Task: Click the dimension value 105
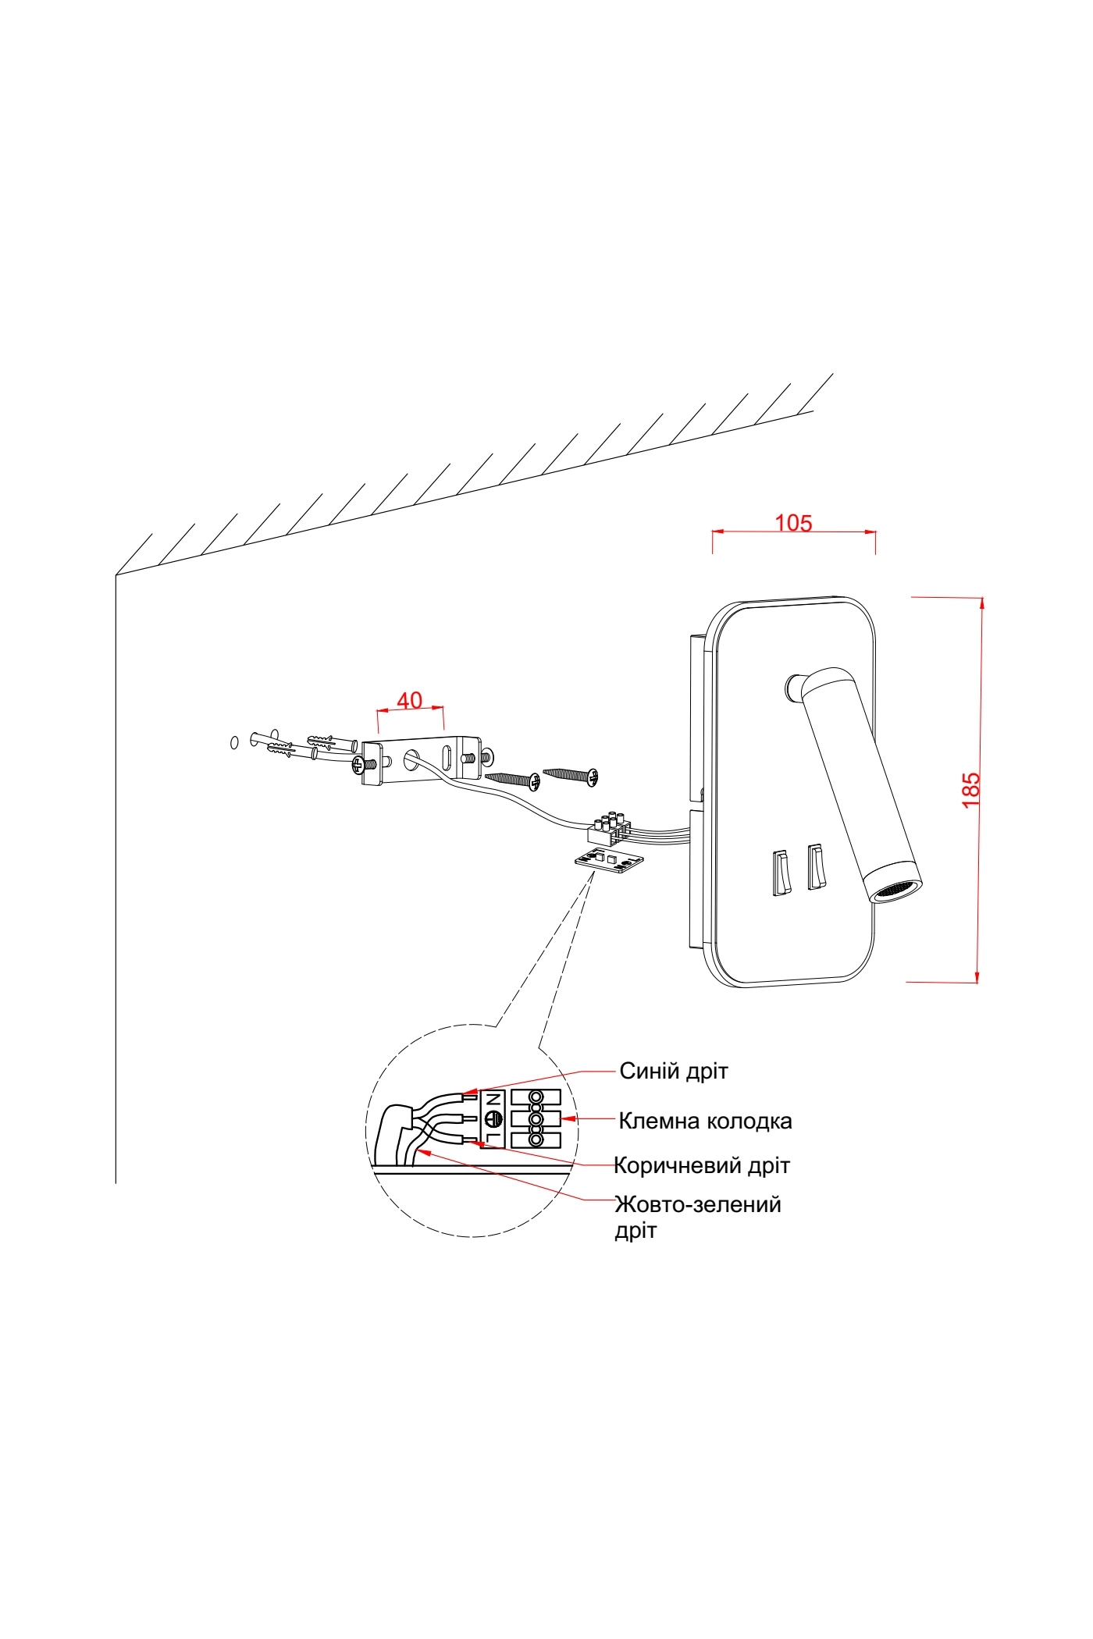click(x=793, y=523)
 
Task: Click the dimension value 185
click(x=970, y=790)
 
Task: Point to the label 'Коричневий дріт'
click(x=702, y=1165)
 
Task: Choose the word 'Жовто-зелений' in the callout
click(x=698, y=1204)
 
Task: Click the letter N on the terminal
click(x=492, y=1100)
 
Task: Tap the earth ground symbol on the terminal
click(x=492, y=1119)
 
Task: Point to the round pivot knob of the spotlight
click(x=796, y=686)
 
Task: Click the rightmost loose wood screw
click(x=571, y=774)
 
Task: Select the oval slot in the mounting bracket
click(x=447, y=758)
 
